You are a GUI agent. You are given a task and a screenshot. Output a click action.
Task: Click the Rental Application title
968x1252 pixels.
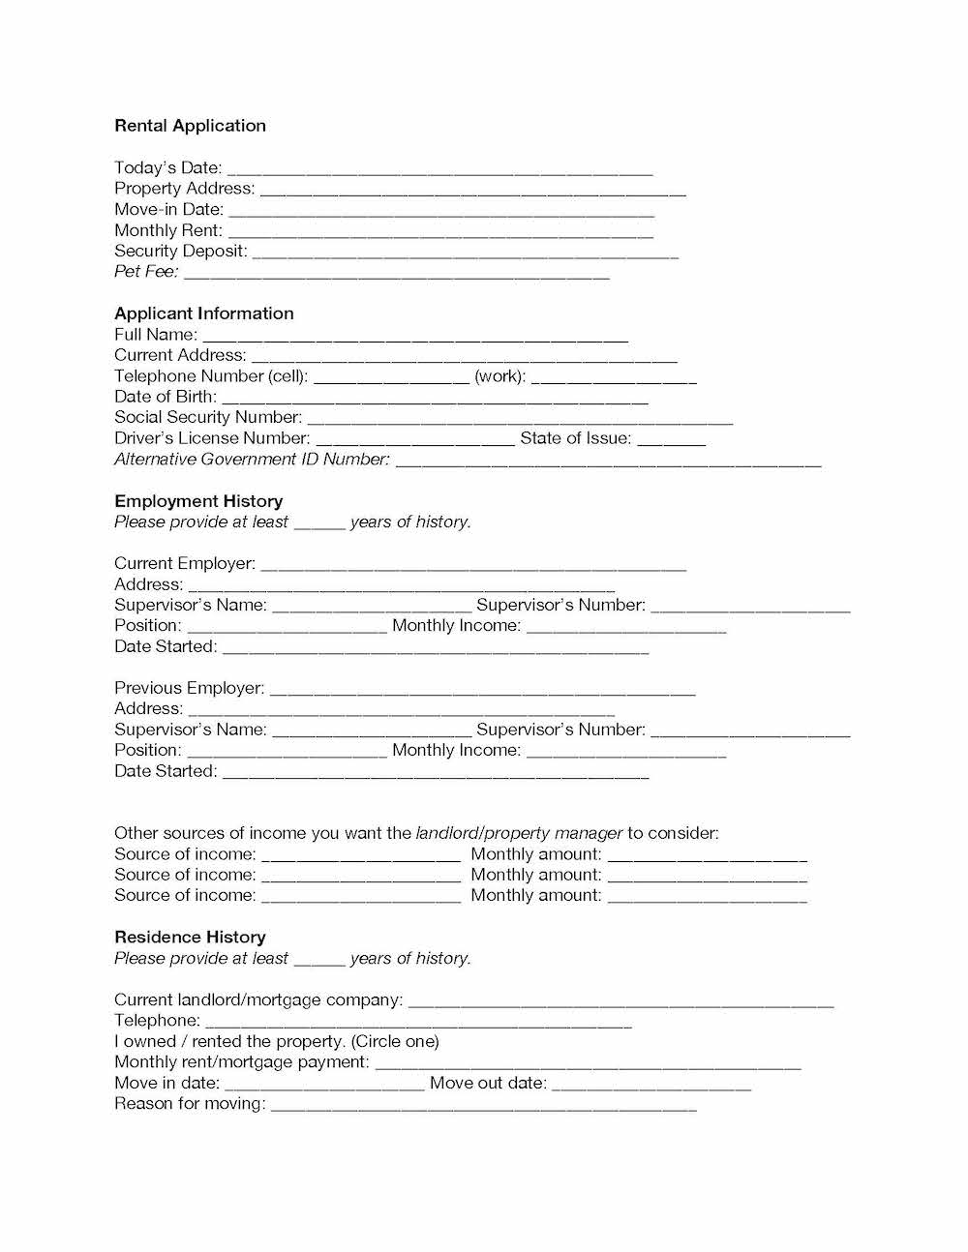[x=190, y=126]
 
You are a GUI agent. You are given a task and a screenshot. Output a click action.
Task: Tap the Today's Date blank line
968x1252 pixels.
[x=439, y=170]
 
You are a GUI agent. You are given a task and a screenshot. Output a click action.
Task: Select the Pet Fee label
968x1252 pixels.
[x=146, y=272]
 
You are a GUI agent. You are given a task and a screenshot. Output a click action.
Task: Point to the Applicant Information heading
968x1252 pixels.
[x=203, y=313]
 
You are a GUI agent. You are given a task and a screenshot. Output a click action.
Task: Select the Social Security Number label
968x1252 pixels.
[x=207, y=418]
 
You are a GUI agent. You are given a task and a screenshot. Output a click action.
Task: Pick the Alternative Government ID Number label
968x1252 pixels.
[x=252, y=460]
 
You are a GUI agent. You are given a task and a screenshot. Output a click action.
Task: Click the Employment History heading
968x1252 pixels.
[x=198, y=501]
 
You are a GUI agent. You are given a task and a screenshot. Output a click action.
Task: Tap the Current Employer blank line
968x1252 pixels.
[x=473, y=566]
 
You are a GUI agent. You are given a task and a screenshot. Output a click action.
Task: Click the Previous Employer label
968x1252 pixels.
[x=189, y=688]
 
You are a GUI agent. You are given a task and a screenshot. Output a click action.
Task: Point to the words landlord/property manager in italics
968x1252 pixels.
[x=519, y=833]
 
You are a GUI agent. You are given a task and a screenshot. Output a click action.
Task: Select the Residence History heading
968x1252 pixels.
[x=190, y=938]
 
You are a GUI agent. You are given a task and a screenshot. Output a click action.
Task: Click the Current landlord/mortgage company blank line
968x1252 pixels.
[x=620, y=1002]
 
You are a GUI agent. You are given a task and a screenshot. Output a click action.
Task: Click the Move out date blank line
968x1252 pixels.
[x=650, y=1086]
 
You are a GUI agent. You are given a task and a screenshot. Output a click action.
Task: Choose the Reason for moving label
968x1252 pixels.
[x=190, y=1104]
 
